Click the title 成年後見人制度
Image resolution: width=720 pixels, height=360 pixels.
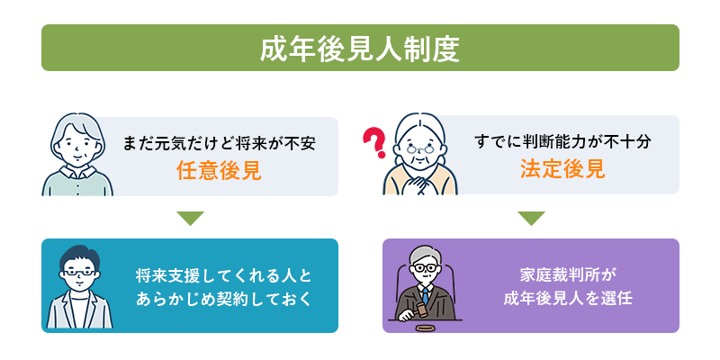coord(359,49)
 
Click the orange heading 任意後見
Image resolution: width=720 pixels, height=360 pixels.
coord(219,171)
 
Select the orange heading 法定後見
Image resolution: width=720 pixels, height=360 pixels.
coord(562,169)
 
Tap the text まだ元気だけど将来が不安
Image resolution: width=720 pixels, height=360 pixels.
coord(220,143)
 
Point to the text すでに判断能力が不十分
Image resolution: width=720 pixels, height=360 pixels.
coord(563,142)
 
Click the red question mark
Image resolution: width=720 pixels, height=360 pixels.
coord(374,142)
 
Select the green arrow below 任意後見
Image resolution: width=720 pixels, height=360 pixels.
coord(190,219)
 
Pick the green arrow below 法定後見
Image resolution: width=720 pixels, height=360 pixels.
coord(531,219)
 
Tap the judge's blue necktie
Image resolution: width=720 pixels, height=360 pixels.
coord(425,294)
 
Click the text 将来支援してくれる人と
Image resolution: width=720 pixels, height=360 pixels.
coord(223,276)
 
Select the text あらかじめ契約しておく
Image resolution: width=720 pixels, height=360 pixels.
coord(223,299)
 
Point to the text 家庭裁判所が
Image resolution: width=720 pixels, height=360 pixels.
coord(567,276)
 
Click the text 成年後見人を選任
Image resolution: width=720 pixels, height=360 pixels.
coord(568,299)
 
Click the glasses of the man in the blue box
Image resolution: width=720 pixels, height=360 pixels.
coord(79,273)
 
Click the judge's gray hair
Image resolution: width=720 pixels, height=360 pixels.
coord(425,256)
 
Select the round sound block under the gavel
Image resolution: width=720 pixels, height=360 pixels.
coord(425,328)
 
